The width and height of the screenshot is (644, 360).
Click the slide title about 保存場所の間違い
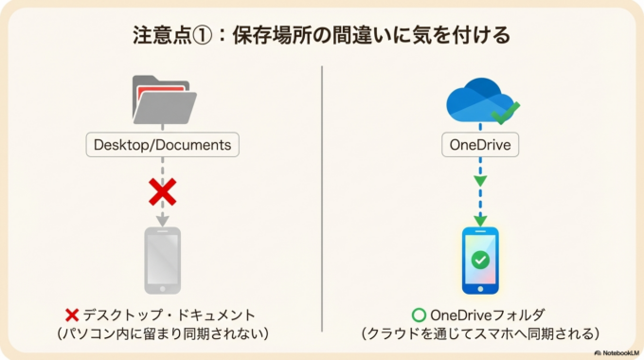tap(322, 35)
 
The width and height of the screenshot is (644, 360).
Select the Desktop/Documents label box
tap(162, 146)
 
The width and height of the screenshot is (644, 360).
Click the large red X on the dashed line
tap(163, 193)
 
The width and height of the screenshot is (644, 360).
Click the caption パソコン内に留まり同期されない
tap(162, 334)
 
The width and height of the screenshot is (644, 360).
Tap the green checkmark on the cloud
tap(506, 114)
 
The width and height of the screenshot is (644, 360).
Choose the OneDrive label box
tap(480, 146)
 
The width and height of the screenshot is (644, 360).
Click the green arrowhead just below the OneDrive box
tap(480, 180)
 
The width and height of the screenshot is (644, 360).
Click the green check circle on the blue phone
tap(480, 259)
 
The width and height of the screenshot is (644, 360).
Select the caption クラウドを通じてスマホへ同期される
tap(480, 334)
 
